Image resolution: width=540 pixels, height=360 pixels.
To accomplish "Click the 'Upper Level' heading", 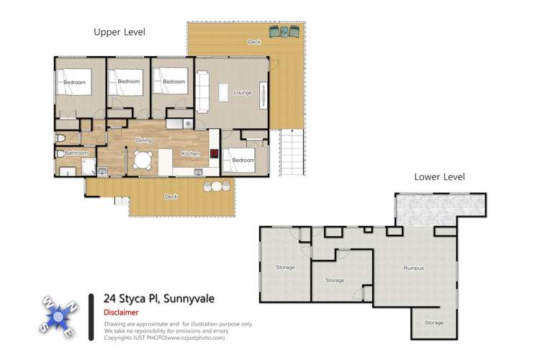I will pos(120,32).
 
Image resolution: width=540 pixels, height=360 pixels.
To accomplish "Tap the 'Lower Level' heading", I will pos(439,177).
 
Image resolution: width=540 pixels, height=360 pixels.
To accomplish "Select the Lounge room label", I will pos(242,92).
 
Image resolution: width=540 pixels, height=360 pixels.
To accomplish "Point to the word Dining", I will pos(143,140).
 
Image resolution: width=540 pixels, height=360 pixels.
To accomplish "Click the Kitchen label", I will pos(190,153).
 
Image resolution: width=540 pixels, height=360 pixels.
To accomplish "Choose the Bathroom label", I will pos(76,153).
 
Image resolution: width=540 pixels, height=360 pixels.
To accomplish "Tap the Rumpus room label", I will pos(413,268).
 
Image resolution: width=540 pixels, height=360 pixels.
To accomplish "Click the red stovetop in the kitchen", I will pos(214,153).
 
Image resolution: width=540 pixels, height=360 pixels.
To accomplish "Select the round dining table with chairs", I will pos(143,160).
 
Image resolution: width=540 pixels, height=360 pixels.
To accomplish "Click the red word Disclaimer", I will pos(121,313).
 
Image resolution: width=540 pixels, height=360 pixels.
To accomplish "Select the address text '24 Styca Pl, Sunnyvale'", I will pos(158,298).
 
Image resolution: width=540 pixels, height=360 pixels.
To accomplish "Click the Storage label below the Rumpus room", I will pos(433,323).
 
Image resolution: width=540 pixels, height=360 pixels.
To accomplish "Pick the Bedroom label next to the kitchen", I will pos(243,160).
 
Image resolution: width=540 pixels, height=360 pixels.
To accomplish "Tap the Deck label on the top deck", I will pos(254,42).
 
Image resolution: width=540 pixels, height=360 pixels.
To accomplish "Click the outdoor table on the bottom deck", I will pos(217,186).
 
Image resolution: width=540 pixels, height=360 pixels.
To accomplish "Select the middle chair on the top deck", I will pos(284,32).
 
